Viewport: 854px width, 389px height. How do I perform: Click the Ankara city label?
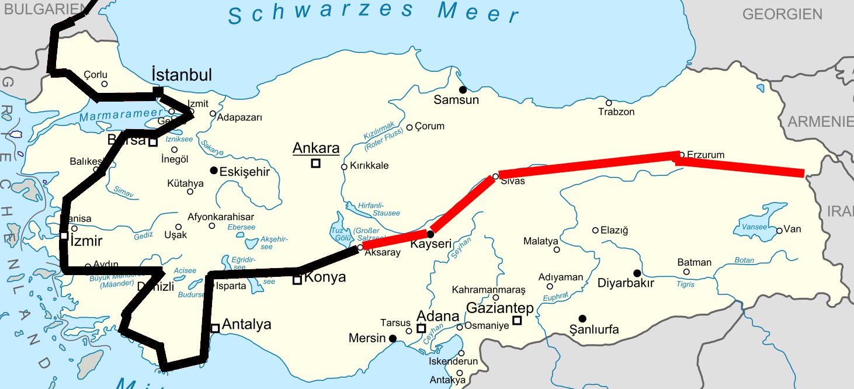(x=316, y=148)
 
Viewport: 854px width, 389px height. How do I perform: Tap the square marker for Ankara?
(x=315, y=164)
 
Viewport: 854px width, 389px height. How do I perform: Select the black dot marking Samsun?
(x=463, y=89)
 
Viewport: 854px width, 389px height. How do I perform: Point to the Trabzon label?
(x=616, y=112)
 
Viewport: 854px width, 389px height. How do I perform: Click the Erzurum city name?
(x=706, y=155)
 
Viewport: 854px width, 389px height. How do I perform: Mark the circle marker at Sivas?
(x=495, y=176)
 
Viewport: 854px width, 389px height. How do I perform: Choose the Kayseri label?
(x=432, y=244)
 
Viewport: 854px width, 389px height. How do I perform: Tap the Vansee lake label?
(x=750, y=227)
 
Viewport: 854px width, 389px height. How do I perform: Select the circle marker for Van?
(x=779, y=231)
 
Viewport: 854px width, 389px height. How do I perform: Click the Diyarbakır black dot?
(x=637, y=273)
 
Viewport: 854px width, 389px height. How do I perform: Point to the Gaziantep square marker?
(x=517, y=319)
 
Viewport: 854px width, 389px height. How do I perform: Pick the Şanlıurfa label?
(x=593, y=330)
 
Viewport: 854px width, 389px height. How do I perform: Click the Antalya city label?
(x=247, y=324)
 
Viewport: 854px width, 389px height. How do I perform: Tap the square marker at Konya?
(x=297, y=280)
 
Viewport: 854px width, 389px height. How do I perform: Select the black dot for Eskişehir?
(x=214, y=170)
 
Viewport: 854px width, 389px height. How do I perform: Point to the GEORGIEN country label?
(x=782, y=14)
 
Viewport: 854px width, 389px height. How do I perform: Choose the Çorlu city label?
(x=96, y=74)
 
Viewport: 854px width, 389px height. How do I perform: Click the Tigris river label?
(x=685, y=284)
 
